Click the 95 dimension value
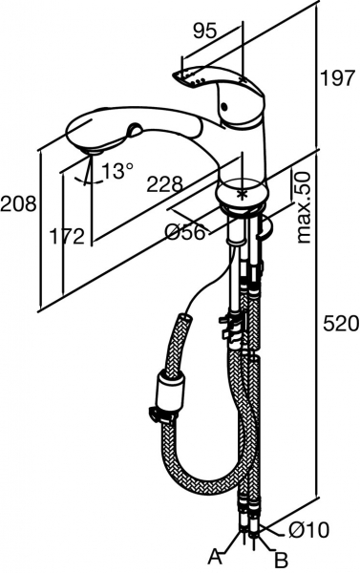(x=204, y=32)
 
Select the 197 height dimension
(x=337, y=78)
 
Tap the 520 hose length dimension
(x=341, y=324)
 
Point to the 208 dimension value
(x=18, y=203)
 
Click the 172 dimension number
(x=67, y=237)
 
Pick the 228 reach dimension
(x=164, y=184)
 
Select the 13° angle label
(x=117, y=171)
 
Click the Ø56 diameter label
(x=185, y=232)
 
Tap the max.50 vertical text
(x=303, y=207)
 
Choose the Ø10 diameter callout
(x=308, y=529)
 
